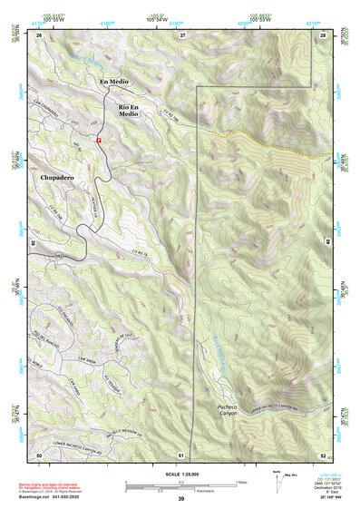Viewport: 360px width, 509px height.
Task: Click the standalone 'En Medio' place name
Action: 114,83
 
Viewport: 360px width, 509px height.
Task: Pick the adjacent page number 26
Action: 40,34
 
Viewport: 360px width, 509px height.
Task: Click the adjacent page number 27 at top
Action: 182,34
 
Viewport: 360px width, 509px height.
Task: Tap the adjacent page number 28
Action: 324,34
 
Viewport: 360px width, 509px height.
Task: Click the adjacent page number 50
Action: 39,453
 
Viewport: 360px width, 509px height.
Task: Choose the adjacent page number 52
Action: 324,453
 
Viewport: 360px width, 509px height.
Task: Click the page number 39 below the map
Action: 181,499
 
